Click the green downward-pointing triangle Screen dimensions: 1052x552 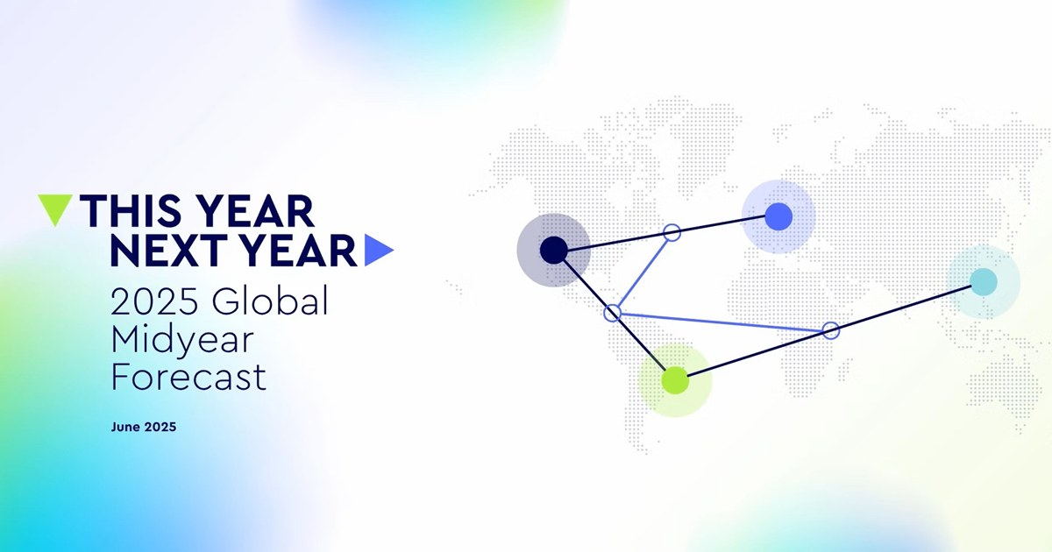[55, 207]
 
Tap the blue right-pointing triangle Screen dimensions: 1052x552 [376, 251]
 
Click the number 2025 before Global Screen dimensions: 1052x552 [154, 301]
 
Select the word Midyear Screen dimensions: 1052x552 [182, 342]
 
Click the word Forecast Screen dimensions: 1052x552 [188, 377]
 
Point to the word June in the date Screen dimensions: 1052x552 [125, 427]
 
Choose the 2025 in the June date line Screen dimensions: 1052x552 [160, 427]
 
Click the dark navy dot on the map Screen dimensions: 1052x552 [554, 251]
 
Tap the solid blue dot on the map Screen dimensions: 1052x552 [778, 216]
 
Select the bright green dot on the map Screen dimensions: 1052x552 [675, 380]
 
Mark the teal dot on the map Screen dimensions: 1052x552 [984, 281]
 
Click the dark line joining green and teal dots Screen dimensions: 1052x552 [829, 330]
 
